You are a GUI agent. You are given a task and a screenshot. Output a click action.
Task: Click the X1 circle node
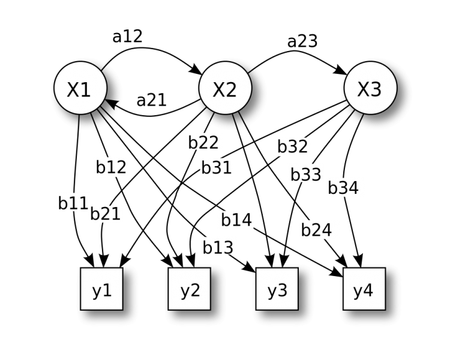pyautogui.click(x=80, y=89)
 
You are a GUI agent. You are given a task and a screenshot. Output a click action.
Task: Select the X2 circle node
pyautogui.click(x=224, y=89)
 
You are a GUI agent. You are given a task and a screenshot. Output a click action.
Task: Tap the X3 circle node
pyautogui.click(x=370, y=89)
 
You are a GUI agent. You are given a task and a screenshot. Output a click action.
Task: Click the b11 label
pyautogui.click(x=73, y=203)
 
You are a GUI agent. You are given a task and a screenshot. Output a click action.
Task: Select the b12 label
pyautogui.click(x=111, y=167)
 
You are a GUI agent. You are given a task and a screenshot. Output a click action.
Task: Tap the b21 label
pyautogui.click(x=106, y=214)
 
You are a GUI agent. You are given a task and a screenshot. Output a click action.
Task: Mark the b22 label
pyautogui.click(x=203, y=142)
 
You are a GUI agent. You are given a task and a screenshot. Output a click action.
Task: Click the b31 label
pyautogui.click(x=217, y=167)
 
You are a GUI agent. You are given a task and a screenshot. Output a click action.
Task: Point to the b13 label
pyautogui.click(x=218, y=247)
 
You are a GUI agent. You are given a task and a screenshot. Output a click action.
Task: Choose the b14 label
pyautogui.click(x=236, y=220)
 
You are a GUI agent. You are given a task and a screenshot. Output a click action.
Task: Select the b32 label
pyautogui.click(x=292, y=147)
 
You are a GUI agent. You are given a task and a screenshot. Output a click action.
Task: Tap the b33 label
pyautogui.click(x=306, y=175)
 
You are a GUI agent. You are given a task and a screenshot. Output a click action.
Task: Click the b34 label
pyautogui.click(x=343, y=188)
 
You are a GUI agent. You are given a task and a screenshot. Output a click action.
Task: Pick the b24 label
pyautogui.click(x=316, y=230)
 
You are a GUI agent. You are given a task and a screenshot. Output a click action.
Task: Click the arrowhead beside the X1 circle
pyautogui.click(x=115, y=104)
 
